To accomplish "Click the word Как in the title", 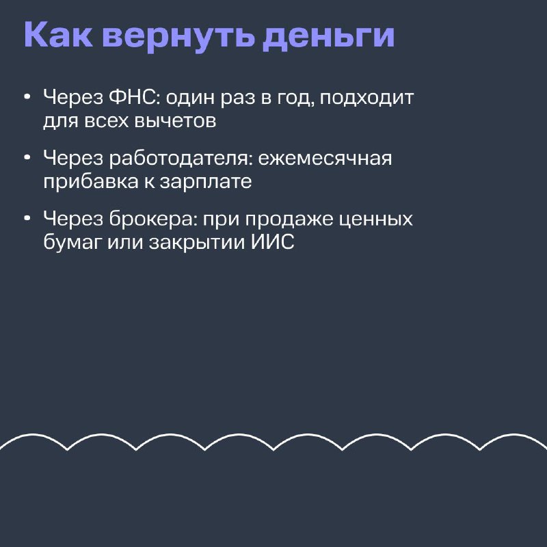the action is tap(59, 35).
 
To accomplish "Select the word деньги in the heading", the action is tap(329, 36).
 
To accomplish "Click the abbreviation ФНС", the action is tap(132, 96).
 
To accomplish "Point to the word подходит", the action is tap(366, 98).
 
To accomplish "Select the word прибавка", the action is tap(91, 181).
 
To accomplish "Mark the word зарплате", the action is tap(206, 183).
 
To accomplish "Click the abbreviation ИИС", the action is tap(273, 242).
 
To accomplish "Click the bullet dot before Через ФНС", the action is tap(27, 97).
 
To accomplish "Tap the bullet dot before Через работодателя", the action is tap(27, 158).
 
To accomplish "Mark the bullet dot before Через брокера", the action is tap(27, 218).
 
